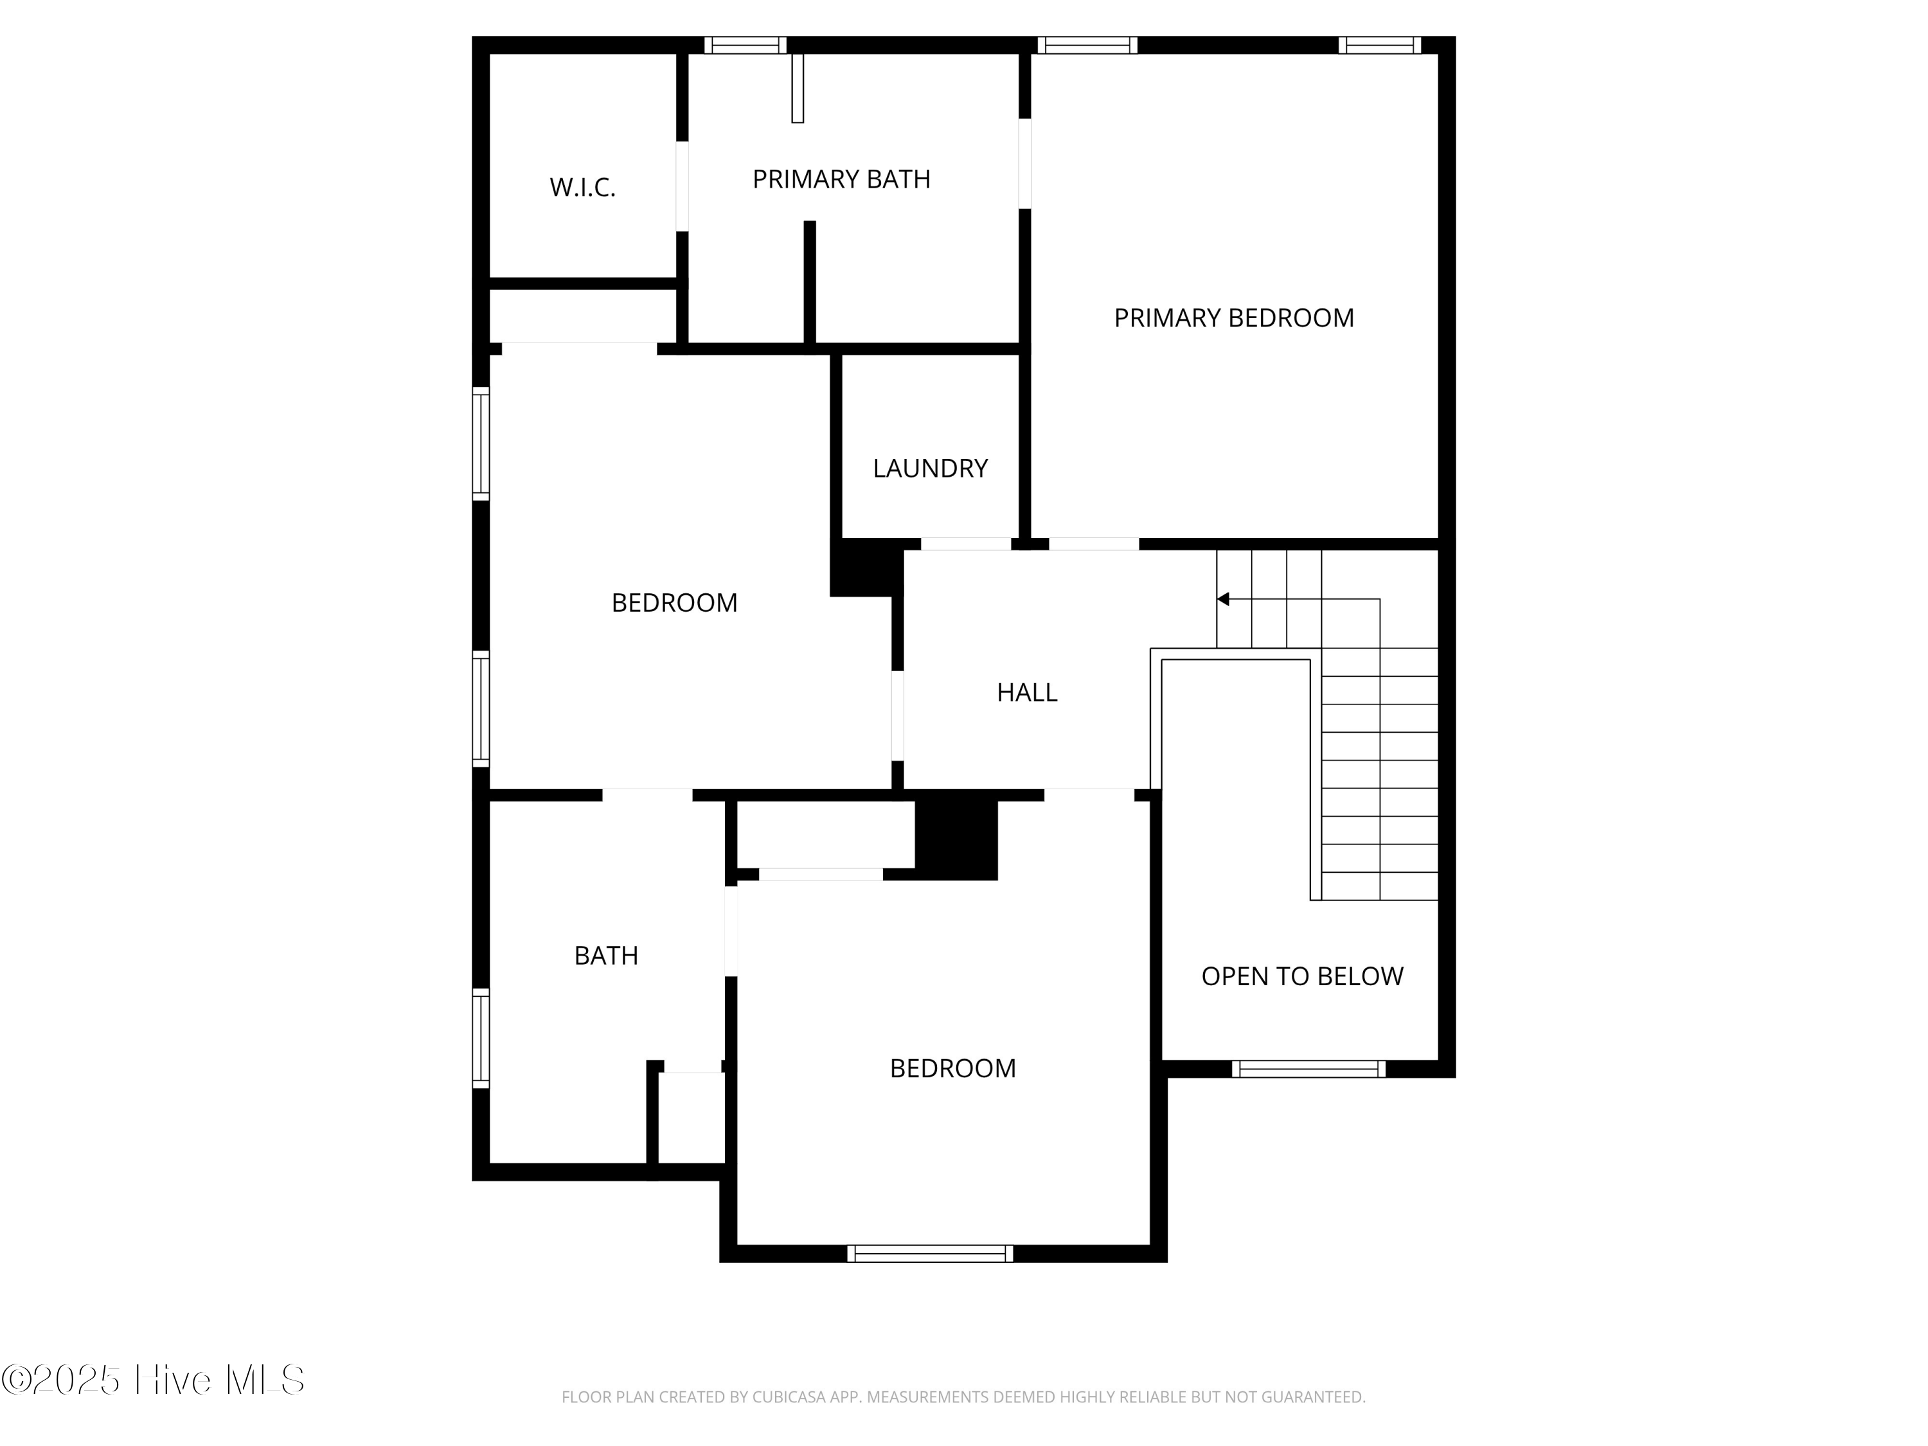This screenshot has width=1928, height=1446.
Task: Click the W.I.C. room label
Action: [x=582, y=188]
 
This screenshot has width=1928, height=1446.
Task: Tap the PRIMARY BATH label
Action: [x=841, y=179]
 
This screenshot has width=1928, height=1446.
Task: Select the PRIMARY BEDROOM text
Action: [x=1233, y=317]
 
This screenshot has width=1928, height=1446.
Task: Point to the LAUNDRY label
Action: [x=930, y=468]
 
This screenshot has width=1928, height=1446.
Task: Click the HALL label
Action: [x=1027, y=692]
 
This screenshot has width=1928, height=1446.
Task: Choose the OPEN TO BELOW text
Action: [x=1302, y=976]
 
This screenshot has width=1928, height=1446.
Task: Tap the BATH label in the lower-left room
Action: [x=606, y=955]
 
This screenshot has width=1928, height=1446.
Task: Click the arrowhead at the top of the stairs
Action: [x=1223, y=599]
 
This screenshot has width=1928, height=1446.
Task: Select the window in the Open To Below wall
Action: [x=1308, y=1069]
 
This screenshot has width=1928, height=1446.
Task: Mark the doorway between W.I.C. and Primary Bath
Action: [x=683, y=186]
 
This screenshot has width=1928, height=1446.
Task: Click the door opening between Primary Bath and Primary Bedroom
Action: [x=1025, y=164]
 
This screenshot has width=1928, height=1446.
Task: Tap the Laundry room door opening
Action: [x=966, y=544]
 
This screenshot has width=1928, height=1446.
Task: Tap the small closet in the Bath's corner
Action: [x=691, y=1118]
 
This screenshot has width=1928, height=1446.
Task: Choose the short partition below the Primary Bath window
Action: [x=798, y=88]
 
